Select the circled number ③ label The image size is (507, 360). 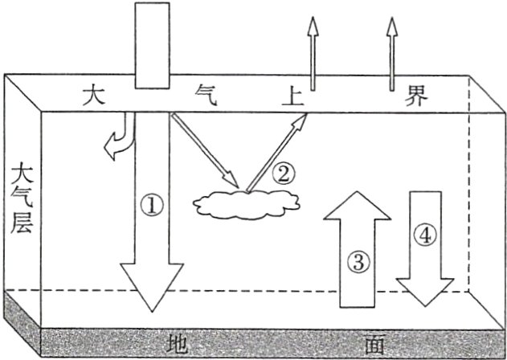tap(359, 260)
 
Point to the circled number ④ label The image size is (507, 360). tap(427, 235)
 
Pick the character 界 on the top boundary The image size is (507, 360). tap(417, 96)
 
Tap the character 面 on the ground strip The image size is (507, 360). tap(374, 345)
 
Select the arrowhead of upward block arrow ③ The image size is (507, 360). tap(358, 206)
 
